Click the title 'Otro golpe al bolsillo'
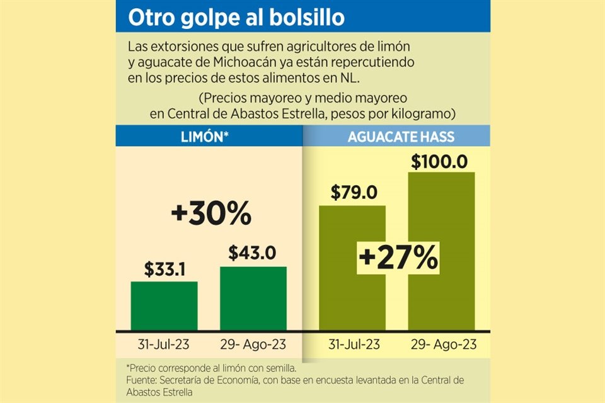coord(236,18)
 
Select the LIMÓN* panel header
coord(209,137)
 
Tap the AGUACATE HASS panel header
coord(401,137)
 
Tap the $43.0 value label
coord(253,253)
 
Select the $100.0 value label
coord(439,161)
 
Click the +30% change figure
coord(211,215)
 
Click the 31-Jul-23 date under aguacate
coord(353,344)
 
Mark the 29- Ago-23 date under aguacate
coord(442,344)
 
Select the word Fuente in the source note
coord(142,380)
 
